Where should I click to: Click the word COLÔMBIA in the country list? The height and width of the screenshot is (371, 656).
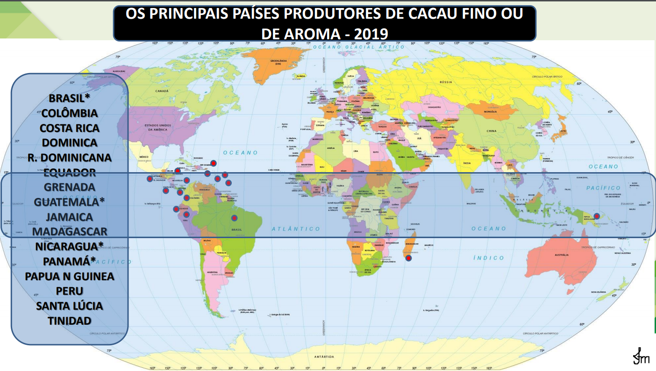coord(69,113)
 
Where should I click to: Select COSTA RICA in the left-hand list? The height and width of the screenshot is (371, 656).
coord(69,128)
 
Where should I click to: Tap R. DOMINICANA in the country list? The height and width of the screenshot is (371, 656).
coord(69,157)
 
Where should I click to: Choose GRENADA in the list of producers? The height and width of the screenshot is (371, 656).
coord(69,187)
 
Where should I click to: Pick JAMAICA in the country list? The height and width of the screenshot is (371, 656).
coord(69,217)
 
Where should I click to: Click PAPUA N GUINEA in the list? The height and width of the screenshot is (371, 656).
coord(69,276)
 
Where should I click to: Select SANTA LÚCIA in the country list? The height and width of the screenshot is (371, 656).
coord(69,306)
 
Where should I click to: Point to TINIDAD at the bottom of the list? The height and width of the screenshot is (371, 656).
coord(69,320)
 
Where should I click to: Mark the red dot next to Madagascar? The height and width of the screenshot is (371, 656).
coord(409,258)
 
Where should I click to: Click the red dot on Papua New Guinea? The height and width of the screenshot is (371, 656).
coord(597,216)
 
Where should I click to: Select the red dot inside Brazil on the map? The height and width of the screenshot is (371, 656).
coord(235,218)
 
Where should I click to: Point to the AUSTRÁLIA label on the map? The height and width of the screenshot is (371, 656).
coord(561,255)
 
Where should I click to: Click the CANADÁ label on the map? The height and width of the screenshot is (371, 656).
coord(162,91)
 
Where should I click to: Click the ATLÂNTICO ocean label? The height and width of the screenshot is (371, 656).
coord(296,229)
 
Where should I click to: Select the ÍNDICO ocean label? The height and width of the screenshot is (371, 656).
coord(489,258)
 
